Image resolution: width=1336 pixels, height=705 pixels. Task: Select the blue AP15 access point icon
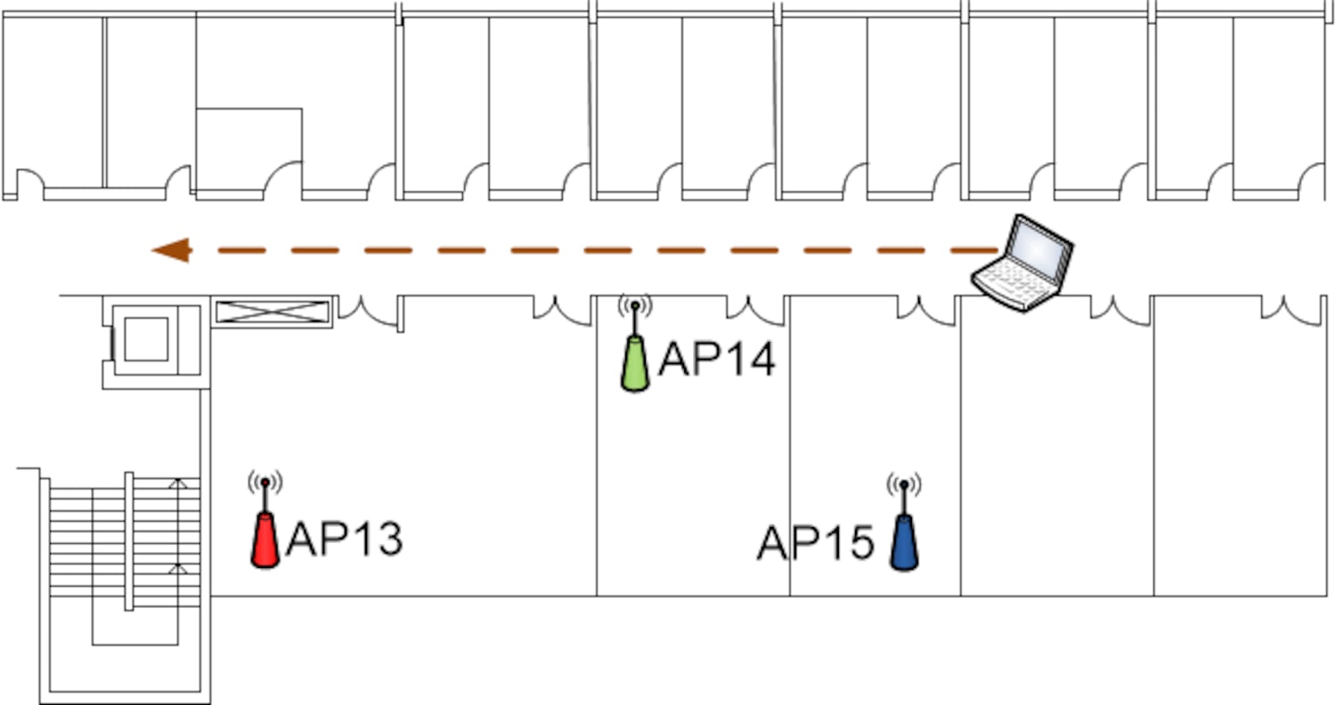[904, 543]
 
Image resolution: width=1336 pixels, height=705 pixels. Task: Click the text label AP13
[344, 539]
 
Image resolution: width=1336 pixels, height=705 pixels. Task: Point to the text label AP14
[717, 361]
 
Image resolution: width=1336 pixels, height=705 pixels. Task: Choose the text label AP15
[815, 543]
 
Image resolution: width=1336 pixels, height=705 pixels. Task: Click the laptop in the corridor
[1023, 263]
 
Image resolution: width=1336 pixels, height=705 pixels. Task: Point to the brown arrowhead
[172, 250]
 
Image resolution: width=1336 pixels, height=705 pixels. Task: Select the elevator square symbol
[146, 339]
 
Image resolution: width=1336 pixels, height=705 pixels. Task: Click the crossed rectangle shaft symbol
[272, 312]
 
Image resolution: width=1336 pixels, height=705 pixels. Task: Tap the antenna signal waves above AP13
[265, 482]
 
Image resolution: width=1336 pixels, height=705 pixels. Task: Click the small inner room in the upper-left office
[248, 147]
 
